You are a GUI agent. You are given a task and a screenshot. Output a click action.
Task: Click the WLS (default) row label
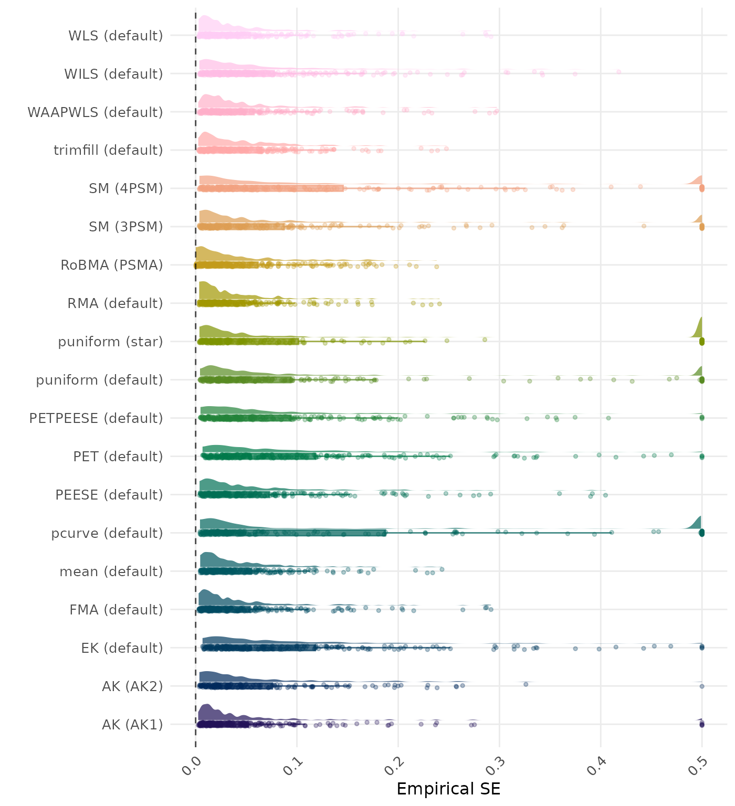click(x=115, y=36)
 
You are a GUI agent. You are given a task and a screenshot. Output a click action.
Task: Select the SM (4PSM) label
click(x=126, y=188)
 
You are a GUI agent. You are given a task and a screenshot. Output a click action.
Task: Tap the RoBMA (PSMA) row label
click(x=112, y=265)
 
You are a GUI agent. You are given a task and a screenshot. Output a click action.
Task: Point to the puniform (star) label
click(x=110, y=342)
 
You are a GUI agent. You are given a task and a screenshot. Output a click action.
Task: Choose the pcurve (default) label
click(x=107, y=533)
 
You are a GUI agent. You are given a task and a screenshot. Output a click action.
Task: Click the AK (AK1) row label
click(x=132, y=725)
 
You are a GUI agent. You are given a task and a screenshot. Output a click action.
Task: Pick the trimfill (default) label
click(x=108, y=150)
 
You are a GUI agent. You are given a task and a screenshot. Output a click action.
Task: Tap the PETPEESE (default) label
click(x=96, y=418)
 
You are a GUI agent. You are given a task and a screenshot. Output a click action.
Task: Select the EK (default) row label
click(x=122, y=648)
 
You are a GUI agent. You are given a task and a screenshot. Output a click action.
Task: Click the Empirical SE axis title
click(x=448, y=789)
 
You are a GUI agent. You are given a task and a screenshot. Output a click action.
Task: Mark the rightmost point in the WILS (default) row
click(x=618, y=72)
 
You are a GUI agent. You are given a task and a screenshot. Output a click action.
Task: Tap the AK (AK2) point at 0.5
click(x=702, y=686)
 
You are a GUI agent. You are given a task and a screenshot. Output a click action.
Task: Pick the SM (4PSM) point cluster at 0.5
click(x=702, y=188)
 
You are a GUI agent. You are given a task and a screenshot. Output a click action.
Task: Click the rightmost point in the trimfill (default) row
click(x=446, y=149)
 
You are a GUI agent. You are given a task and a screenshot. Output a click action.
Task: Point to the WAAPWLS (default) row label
click(x=95, y=112)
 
